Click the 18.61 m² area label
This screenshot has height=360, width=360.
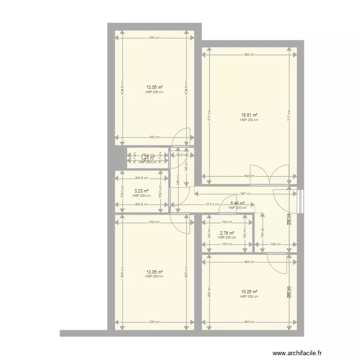point(249,115)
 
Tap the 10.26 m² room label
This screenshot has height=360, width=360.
point(249,292)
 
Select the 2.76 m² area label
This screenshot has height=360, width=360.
point(227,233)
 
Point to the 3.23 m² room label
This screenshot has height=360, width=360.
point(142,191)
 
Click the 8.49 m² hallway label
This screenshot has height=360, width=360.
point(238,204)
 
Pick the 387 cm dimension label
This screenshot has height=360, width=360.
point(245,194)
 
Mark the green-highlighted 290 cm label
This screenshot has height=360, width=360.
point(289,219)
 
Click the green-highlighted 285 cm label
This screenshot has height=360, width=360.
point(289,291)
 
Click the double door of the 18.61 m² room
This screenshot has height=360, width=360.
point(272,175)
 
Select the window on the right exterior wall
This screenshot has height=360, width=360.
point(300,201)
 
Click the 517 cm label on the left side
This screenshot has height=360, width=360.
point(209,115)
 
